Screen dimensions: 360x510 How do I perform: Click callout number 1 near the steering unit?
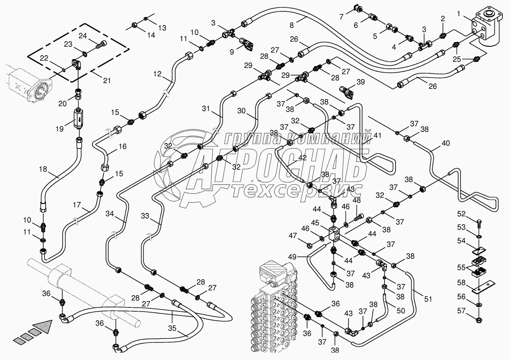click(458, 14)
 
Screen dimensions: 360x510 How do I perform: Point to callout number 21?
click(107, 81)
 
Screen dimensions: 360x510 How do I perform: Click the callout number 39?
click(360, 82)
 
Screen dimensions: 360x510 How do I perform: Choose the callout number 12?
click(157, 74)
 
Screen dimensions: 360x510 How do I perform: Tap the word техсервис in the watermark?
click(298, 190)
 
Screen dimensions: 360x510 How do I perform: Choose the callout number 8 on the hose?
click(291, 25)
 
